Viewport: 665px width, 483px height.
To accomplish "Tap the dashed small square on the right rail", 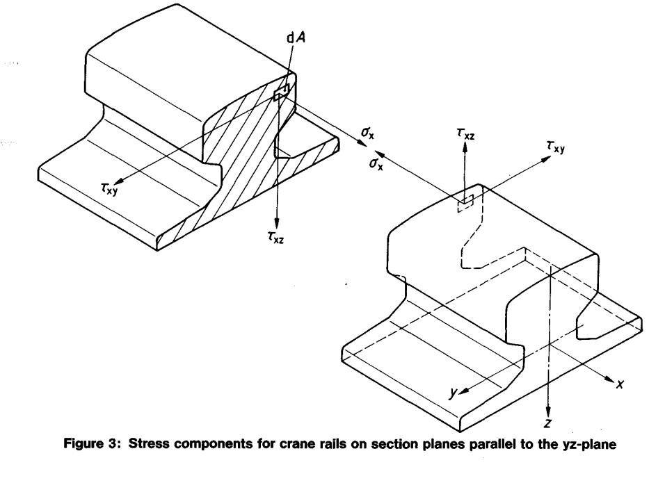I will (465, 202).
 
